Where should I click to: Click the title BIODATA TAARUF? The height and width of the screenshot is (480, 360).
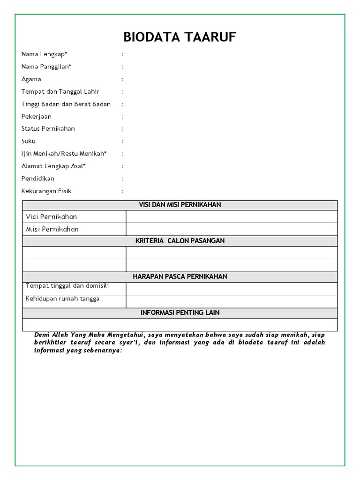[180, 37]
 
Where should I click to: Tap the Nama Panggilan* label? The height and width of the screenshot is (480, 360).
[46, 67]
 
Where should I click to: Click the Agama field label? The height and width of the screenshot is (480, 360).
[31, 79]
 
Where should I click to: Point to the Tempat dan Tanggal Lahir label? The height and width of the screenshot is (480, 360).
[60, 91]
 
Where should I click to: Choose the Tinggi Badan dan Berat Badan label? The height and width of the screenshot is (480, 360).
[66, 104]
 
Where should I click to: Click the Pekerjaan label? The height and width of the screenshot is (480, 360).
[37, 116]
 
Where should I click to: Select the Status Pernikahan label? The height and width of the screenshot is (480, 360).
[48, 128]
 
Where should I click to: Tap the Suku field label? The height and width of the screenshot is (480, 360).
[29, 141]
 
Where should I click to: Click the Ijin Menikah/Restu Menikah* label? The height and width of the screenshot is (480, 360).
[64, 153]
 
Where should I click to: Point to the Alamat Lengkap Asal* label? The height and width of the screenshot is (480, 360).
[53, 166]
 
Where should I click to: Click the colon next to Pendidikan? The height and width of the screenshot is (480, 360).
[123, 179]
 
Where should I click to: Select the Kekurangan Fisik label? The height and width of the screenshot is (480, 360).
[46, 191]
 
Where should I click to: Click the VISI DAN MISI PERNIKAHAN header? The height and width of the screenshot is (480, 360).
[180, 205]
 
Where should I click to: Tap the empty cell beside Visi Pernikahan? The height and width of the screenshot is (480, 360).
[231, 217]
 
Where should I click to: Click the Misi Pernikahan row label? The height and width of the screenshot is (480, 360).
[52, 229]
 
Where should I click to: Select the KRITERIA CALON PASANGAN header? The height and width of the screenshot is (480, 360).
[180, 241]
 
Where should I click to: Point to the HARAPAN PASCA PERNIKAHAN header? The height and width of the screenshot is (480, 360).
[180, 277]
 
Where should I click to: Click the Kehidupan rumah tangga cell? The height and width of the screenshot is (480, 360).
[62, 299]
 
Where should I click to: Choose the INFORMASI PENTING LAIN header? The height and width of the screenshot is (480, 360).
[180, 313]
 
